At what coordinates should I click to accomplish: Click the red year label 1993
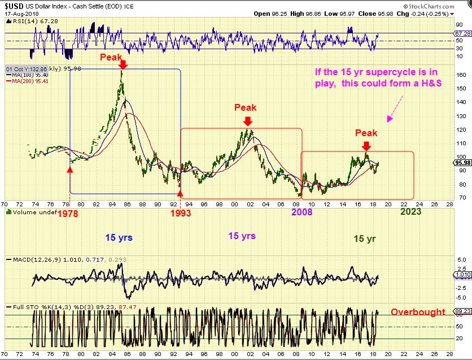click(181, 213)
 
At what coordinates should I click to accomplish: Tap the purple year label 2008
click(302, 212)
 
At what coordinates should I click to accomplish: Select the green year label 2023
click(410, 211)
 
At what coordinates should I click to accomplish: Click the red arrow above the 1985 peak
click(124, 66)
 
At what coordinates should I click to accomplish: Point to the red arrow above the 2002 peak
click(247, 121)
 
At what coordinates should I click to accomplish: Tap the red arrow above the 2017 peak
click(367, 146)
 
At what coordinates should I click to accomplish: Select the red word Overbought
click(417, 311)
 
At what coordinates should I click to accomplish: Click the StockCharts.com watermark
click(443, 5)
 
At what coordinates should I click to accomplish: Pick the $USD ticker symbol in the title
click(13, 5)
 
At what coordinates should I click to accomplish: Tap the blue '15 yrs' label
click(119, 237)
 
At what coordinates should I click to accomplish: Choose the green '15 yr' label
click(365, 238)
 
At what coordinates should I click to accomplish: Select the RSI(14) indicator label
click(21, 21)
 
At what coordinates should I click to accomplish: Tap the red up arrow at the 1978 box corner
click(70, 167)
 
